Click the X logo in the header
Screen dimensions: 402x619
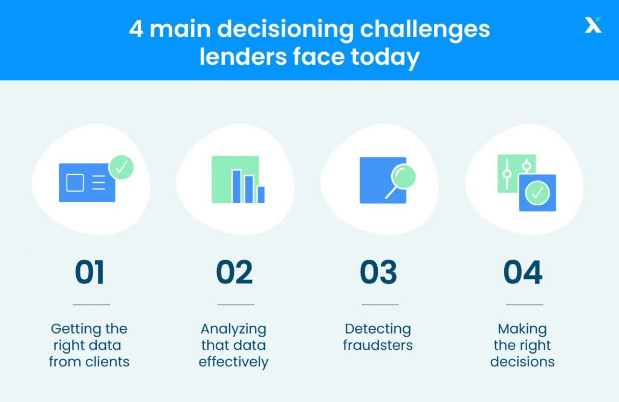pyautogui.click(x=593, y=25)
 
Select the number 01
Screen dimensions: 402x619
pyautogui.click(x=90, y=272)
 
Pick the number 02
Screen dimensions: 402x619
pyautogui.click(x=235, y=272)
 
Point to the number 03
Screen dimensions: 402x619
pyautogui.click(x=379, y=272)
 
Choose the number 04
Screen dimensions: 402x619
pyautogui.click(x=523, y=272)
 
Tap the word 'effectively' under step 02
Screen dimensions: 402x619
pyautogui.click(x=233, y=362)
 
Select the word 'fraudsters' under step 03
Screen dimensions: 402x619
pyautogui.click(x=378, y=346)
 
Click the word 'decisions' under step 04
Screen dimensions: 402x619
pyautogui.click(x=522, y=362)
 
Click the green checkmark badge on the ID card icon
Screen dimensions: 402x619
pyautogui.click(x=121, y=167)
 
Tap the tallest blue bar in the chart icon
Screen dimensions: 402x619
pyautogui.click(x=236, y=186)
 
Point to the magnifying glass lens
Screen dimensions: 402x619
pyautogui.click(x=403, y=176)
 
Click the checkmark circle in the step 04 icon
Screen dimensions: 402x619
pyautogui.click(x=537, y=193)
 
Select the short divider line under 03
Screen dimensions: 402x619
pyautogui.click(x=380, y=305)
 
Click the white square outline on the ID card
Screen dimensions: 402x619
pyautogui.click(x=75, y=182)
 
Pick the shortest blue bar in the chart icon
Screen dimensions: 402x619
pyautogui.click(x=261, y=194)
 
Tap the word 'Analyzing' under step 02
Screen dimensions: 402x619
pyautogui.click(x=233, y=329)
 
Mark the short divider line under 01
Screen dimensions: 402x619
pyautogui.click(x=91, y=305)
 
